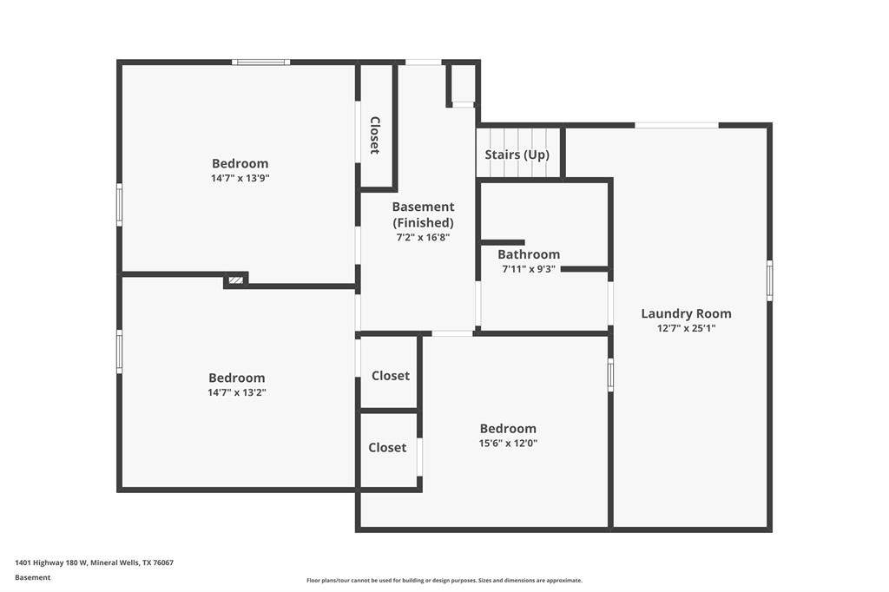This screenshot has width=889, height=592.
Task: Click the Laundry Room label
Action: (x=686, y=313)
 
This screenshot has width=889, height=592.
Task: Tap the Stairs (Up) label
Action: (x=517, y=155)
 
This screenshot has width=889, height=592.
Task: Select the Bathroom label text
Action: (x=529, y=254)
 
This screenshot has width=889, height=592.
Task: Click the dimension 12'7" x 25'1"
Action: (x=686, y=328)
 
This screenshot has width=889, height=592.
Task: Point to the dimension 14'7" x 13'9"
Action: (x=240, y=178)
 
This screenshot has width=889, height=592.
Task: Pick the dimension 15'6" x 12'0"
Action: (x=508, y=444)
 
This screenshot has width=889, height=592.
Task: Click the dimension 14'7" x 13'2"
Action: (x=237, y=392)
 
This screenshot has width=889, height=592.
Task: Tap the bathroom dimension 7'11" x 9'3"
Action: (x=529, y=269)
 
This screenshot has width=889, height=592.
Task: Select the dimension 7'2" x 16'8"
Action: (x=423, y=238)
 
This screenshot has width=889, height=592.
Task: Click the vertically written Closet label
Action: (x=375, y=135)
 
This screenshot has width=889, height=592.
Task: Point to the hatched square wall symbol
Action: (x=235, y=280)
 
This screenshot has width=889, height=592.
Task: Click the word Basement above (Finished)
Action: (x=423, y=207)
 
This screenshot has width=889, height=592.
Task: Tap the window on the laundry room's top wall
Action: (x=676, y=125)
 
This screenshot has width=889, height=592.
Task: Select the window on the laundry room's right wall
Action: (x=769, y=280)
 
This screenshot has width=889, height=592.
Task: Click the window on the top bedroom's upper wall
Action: (x=260, y=62)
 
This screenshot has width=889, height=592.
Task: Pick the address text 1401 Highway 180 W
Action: (x=51, y=563)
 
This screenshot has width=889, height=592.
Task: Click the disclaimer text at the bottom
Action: (x=444, y=580)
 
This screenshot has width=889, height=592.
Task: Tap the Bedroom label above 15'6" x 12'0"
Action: (x=508, y=429)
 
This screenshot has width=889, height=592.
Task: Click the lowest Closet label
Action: (x=387, y=447)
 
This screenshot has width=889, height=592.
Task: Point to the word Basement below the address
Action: (x=33, y=578)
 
